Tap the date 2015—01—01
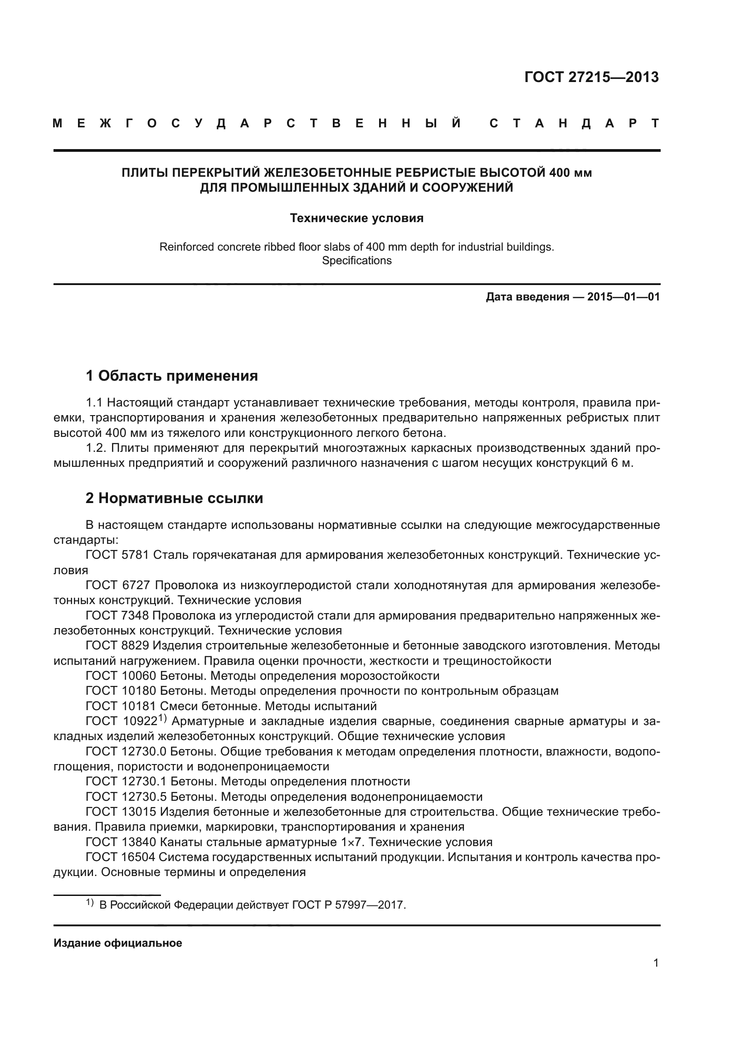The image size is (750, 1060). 623,297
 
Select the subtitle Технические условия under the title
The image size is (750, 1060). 356,218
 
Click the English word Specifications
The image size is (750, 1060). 356,261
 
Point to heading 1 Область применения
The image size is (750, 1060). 171,376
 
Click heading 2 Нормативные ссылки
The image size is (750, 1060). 174,498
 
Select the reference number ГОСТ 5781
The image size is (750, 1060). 117,555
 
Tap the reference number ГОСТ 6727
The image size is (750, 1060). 117,585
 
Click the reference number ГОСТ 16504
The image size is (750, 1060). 120,857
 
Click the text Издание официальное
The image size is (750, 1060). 118,943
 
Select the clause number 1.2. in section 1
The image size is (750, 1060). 96,448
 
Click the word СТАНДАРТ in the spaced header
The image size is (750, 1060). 574,123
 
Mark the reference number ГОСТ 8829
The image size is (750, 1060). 117,645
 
